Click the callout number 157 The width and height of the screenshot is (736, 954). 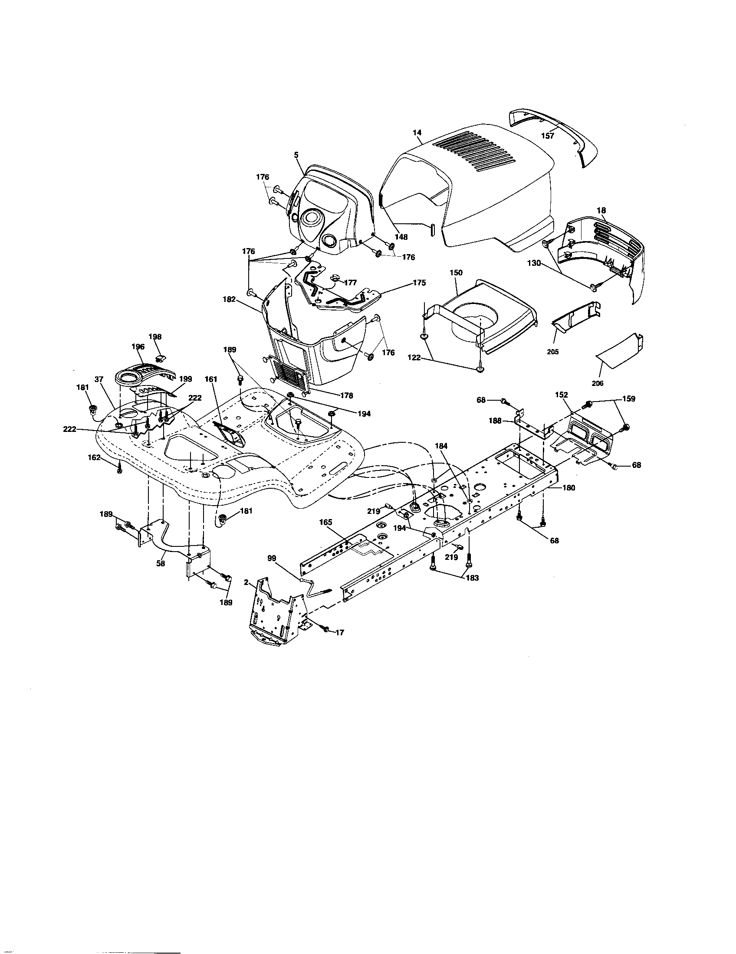547,136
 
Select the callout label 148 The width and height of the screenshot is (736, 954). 401,237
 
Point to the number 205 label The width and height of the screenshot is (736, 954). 552,352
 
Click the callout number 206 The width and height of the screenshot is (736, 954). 597,383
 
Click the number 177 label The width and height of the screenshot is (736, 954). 351,283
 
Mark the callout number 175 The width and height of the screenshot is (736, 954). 419,283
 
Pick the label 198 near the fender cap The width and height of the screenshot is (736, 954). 155,337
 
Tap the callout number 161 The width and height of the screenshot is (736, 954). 210,379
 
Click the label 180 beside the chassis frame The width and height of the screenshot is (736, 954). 568,488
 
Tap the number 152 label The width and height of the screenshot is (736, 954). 561,395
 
